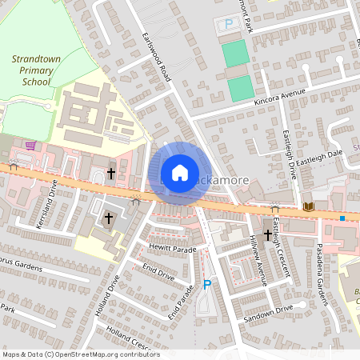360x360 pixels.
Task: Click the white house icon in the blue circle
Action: pyautogui.click(x=180, y=173)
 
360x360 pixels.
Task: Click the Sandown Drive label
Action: pyautogui.click(x=270, y=311)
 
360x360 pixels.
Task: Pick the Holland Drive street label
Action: pyautogui.click(x=106, y=296)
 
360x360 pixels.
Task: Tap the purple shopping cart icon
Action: pyautogui.click(x=30, y=146)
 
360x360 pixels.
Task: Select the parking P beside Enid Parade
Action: pyautogui.click(x=207, y=284)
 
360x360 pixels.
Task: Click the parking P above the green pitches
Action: pyautogui.click(x=229, y=25)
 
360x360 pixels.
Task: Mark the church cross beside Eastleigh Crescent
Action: pyautogui.click(x=266, y=234)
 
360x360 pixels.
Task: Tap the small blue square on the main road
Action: pyautogui.click(x=342, y=218)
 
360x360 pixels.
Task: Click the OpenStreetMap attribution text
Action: pyautogui.click(x=80, y=354)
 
